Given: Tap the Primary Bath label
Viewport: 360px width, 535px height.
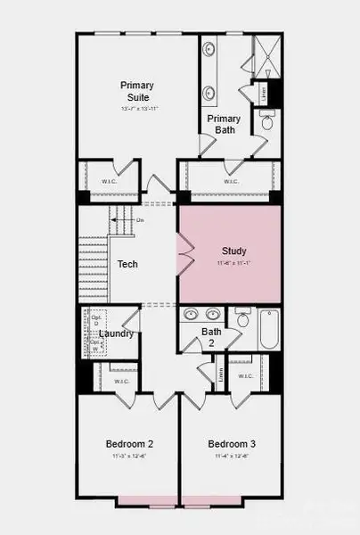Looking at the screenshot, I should click(x=224, y=124).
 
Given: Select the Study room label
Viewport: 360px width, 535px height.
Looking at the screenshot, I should click(x=234, y=251).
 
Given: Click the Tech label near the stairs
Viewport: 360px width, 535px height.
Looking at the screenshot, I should click(x=127, y=265).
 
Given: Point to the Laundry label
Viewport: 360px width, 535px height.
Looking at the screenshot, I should click(x=117, y=333).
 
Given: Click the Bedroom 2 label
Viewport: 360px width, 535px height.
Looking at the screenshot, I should click(x=130, y=444).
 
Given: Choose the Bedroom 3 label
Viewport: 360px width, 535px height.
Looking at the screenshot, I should click(x=232, y=444).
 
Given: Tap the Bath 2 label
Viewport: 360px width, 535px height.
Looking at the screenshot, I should click(x=211, y=336).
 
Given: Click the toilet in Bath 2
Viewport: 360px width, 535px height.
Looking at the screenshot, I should click(x=242, y=318).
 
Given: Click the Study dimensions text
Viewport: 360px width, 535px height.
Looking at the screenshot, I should click(x=234, y=264).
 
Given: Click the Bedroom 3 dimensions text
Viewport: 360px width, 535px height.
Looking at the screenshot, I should click(x=232, y=456).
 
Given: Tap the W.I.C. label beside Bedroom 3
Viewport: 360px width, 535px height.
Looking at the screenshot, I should click(x=246, y=376).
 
